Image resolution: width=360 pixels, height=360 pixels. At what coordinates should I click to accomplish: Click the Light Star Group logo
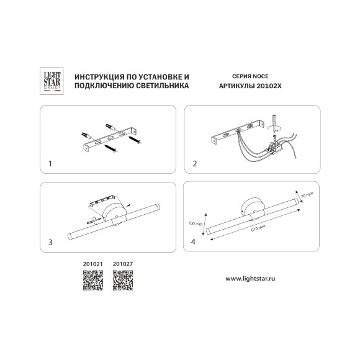pyautogui.click(x=52, y=81)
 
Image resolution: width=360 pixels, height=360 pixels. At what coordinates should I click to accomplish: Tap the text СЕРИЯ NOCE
pyautogui.click(x=250, y=76)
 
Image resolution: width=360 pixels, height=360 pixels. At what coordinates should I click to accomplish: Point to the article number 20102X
pyautogui.click(x=269, y=86)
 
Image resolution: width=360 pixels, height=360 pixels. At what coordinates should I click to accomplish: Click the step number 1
pyautogui.click(x=50, y=164)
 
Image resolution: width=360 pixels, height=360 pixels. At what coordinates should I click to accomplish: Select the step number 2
pyautogui.click(x=195, y=164)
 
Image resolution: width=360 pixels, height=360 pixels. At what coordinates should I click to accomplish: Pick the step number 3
pyautogui.click(x=50, y=242)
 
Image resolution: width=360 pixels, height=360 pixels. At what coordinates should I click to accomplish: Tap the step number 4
pyautogui.click(x=193, y=242)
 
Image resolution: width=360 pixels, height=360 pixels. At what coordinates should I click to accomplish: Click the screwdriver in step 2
pyautogui.click(x=274, y=124)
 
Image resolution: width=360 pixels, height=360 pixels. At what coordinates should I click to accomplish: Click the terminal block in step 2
pyautogui.click(x=275, y=147)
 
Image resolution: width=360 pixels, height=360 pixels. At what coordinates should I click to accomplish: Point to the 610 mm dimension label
pyautogui.click(x=259, y=228)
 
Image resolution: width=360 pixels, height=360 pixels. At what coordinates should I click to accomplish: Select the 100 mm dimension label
pyautogui.click(x=196, y=223)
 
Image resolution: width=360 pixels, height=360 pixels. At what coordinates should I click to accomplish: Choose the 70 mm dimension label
pyautogui.click(x=307, y=195)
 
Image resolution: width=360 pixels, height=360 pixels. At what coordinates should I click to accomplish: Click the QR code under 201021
pyautogui.click(x=93, y=281)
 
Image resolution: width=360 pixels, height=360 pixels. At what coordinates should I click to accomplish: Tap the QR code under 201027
pyautogui.click(x=123, y=281)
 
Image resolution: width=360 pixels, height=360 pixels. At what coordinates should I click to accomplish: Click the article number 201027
pyautogui.click(x=123, y=264)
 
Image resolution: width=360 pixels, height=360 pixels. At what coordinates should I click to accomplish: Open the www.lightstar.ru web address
pyautogui.click(x=250, y=279)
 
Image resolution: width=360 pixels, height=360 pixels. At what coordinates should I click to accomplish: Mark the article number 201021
pyautogui.click(x=93, y=264)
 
